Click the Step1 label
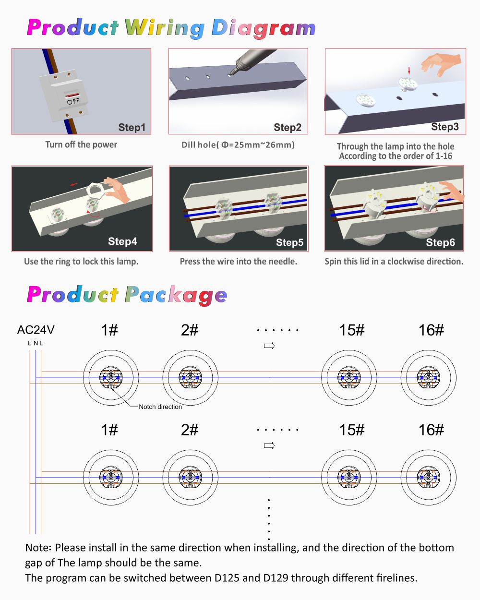pos(132,127)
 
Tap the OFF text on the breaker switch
pos(73,101)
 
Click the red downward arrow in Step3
pos(409,70)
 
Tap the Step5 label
pos(289,242)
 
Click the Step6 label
pos(440,242)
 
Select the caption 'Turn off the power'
pos(81,144)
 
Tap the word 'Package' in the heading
pos(176,295)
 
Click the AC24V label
pos(36,330)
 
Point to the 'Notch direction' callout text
pos(160,407)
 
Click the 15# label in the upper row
pos(352,330)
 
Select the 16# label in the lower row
pos(431,430)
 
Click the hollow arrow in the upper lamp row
pos(269,346)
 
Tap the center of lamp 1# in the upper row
pos(111,377)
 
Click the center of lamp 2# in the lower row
pos(190,477)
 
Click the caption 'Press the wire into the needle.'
pos(239,261)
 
